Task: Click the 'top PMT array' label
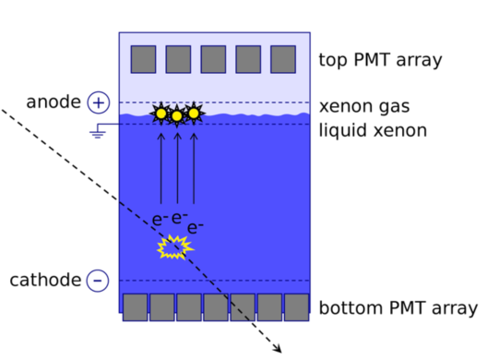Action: [380, 61]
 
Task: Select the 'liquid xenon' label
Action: [373, 130]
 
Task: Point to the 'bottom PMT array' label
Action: [398, 307]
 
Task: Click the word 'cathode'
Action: [45, 280]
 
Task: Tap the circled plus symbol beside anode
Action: [99, 102]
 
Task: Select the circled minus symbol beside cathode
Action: [99, 281]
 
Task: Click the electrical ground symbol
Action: [96, 134]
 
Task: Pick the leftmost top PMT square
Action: [143, 59]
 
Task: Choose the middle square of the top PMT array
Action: [213, 59]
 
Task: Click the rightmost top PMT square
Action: [283, 59]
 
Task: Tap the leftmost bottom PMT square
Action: [136, 307]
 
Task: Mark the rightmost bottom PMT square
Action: [296, 307]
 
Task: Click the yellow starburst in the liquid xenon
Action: [174, 246]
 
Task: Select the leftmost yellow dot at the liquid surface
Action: [160, 114]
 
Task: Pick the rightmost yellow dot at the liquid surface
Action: [194, 114]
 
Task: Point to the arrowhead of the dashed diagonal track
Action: [277, 348]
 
